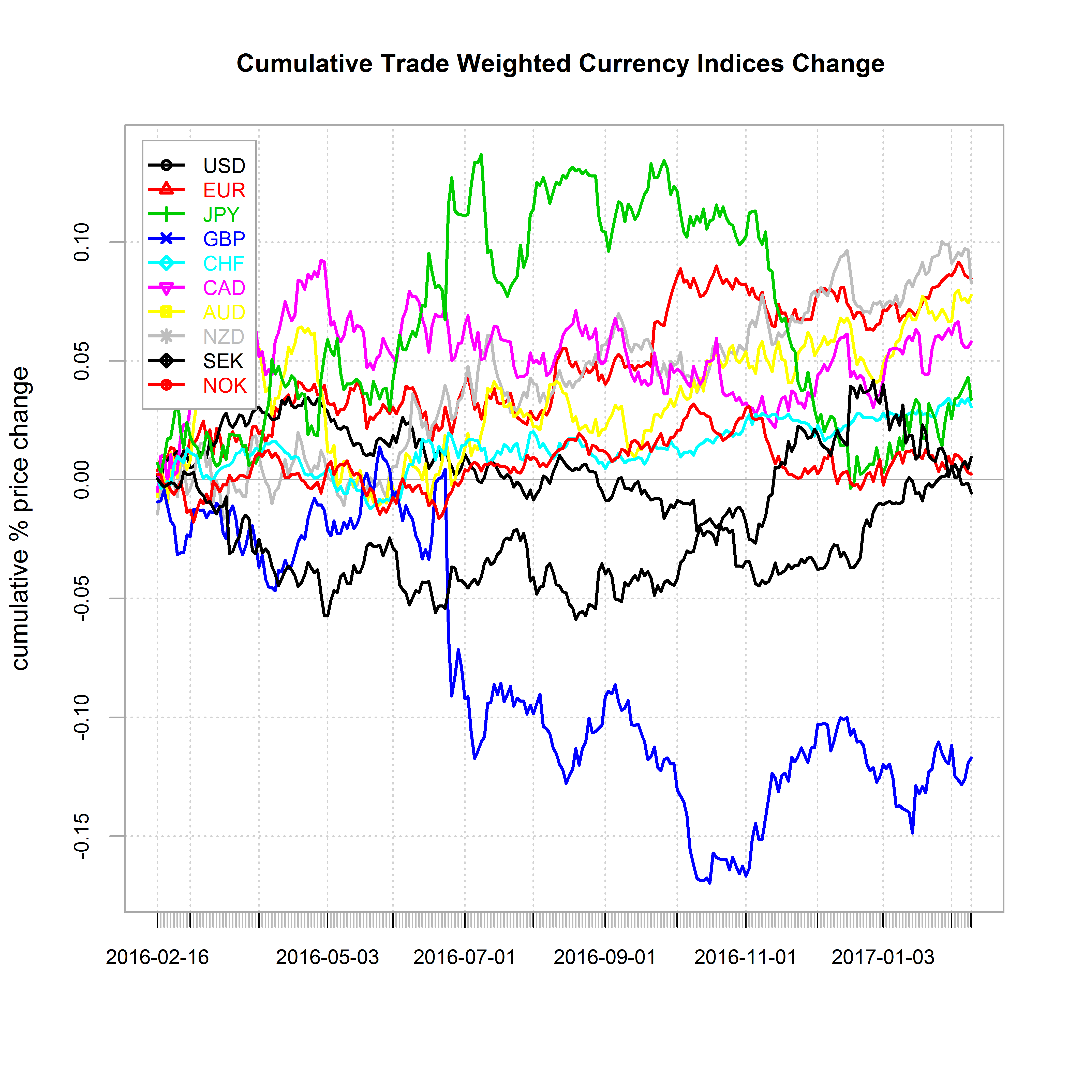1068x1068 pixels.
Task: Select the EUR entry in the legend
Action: click(224, 190)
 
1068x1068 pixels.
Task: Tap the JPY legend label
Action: click(221, 214)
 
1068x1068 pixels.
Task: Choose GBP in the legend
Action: click(224, 239)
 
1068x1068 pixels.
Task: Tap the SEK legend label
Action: click(223, 361)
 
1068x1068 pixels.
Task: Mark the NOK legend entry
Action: click(225, 385)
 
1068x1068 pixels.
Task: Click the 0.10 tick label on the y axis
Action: click(82, 242)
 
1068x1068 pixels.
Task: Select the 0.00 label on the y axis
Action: click(82, 479)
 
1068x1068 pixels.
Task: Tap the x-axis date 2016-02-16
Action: click(158, 957)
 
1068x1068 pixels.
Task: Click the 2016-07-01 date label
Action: click(464, 957)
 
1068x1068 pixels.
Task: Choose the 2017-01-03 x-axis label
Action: click(883, 957)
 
